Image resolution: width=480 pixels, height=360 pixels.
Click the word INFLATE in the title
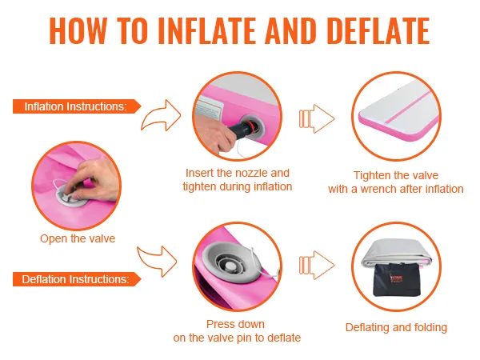(207, 31)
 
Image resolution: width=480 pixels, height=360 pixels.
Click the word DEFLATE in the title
(378, 31)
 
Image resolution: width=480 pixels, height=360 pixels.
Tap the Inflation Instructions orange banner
(77, 106)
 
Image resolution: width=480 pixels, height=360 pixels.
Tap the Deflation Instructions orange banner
(77, 279)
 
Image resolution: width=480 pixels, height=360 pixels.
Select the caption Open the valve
(78, 238)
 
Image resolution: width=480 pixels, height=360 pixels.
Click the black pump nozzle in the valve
(242, 129)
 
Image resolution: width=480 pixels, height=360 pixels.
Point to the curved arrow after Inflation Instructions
(161, 116)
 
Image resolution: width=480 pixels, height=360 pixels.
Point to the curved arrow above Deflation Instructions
(158, 261)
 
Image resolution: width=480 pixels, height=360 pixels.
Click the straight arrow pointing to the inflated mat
(317, 118)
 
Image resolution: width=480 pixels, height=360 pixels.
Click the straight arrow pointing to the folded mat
(317, 265)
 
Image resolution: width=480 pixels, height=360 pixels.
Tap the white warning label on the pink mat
(209, 110)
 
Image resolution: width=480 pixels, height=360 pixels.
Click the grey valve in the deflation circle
(232, 263)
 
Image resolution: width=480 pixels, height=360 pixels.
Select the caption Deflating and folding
(396, 327)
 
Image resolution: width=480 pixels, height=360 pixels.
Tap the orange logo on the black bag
(397, 279)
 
